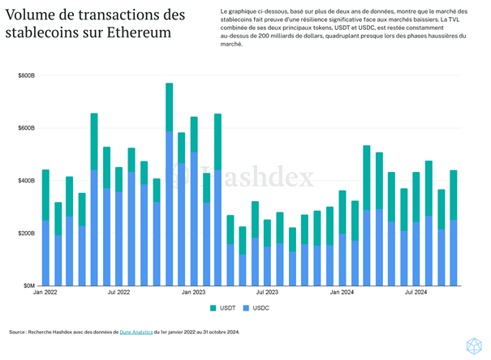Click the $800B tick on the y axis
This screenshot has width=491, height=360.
point(26,75)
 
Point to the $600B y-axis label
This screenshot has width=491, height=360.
point(26,128)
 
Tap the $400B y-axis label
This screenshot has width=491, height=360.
point(26,181)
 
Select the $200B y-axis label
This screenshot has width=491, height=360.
point(26,234)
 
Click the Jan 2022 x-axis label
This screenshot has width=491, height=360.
point(45,292)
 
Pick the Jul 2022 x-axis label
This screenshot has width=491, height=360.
point(118,292)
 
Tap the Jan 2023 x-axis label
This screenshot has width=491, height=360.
point(193,292)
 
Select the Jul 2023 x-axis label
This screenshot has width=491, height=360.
point(267,292)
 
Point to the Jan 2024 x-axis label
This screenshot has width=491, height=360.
point(342,292)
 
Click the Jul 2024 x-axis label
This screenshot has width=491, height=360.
point(416,292)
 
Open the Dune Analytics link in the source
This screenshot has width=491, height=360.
point(136,332)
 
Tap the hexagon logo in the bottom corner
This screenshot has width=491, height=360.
point(474,345)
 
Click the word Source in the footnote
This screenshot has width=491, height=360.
point(19,332)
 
